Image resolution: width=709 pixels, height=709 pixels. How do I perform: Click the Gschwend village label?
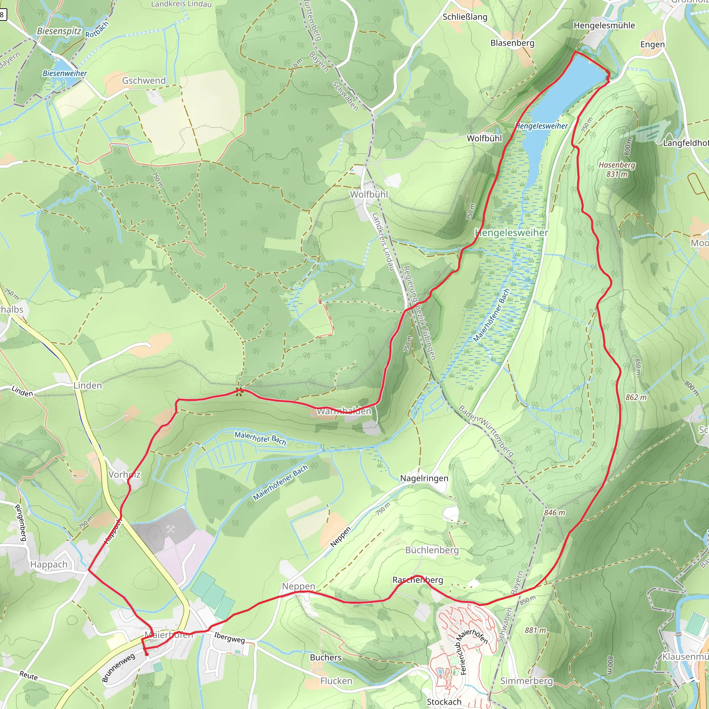(144, 80)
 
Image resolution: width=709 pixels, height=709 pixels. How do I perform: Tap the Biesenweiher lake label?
(65, 73)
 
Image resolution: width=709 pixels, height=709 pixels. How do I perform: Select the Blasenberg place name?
(512, 43)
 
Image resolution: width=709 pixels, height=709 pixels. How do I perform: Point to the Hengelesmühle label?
(604, 25)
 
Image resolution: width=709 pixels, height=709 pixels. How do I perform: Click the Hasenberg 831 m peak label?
(617, 169)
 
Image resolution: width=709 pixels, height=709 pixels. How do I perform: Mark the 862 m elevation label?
(636, 397)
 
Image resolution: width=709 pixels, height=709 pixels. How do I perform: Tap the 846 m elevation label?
(554, 513)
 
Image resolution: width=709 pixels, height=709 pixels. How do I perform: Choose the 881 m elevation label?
(535, 630)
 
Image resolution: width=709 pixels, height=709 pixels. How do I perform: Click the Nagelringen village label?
(424, 478)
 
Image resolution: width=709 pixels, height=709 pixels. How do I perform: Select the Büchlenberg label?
(432, 550)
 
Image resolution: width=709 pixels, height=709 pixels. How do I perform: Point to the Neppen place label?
(298, 586)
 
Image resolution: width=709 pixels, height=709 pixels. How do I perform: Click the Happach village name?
(49, 564)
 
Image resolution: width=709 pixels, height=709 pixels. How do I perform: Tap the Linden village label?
(87, 385)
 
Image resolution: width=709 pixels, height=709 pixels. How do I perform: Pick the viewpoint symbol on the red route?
(239, 392)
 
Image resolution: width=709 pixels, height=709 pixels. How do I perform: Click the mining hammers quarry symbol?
(171, 529)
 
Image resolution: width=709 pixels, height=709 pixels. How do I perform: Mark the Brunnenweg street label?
(118, 667)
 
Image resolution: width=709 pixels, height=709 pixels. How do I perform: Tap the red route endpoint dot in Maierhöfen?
(146, 654)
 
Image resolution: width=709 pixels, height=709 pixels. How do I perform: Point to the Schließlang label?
(465, 17)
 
